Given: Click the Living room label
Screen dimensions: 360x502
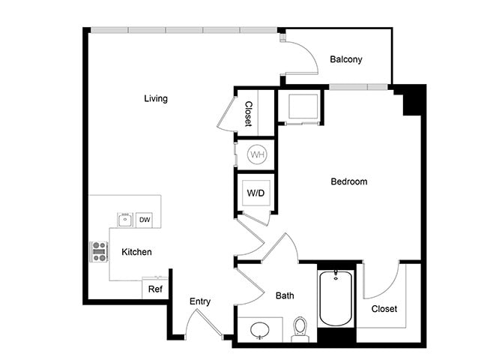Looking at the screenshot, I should (156, 98).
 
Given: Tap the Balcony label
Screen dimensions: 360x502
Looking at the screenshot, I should (346, 59).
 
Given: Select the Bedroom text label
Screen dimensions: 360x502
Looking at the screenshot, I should (349, 181).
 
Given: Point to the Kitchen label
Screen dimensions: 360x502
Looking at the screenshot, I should (136, 252).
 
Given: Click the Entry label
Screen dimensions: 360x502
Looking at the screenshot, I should (199, 301).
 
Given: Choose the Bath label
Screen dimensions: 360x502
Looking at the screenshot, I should (285, 295).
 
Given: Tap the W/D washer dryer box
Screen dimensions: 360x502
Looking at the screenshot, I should (256, 193).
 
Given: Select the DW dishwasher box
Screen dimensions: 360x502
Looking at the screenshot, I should (144, 220).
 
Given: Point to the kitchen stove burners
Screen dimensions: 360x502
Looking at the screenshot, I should (100, 251).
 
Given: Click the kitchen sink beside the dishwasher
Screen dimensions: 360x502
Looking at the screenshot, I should (124, 220).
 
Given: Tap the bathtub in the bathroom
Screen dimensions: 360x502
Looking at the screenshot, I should (335, 298).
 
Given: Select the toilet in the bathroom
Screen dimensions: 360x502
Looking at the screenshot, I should (300, 328).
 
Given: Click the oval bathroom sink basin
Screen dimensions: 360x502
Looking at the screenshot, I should (260, 329).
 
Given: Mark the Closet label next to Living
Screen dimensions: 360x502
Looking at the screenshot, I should (248, 113).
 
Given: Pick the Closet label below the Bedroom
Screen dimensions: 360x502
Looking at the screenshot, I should (384, 308).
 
